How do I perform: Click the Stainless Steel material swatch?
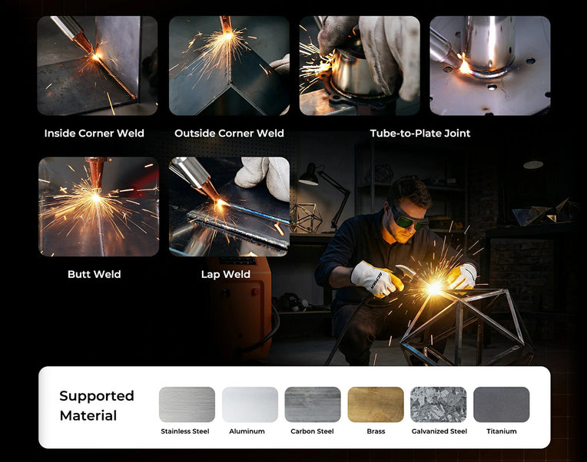point(187,404)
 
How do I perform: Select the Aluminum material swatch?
point(250,404)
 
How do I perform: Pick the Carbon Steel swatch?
point(313,404)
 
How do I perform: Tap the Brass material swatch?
point(376,404)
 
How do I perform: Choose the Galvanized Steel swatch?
point(439,404)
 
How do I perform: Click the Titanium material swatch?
point(502,404)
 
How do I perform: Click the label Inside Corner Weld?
point(95,134)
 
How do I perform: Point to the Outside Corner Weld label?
point(229,134)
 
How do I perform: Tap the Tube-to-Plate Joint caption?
point(420,134)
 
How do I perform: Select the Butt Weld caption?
point(95,274)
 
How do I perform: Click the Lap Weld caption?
point(226,274)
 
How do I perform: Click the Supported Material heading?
point(97,405)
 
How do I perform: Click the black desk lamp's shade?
point(309,177)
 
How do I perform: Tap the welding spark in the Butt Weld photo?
point(96,198)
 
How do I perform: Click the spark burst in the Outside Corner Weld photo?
point(227,36)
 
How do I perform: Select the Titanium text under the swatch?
point(502,431)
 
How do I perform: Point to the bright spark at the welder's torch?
point(435,288)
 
